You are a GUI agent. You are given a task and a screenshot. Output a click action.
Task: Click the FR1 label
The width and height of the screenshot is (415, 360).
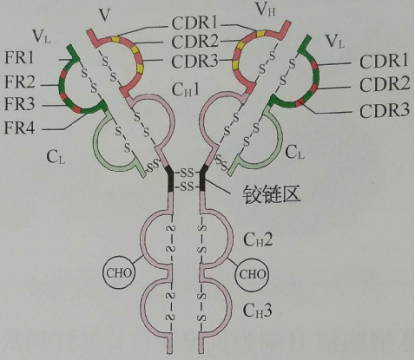19,58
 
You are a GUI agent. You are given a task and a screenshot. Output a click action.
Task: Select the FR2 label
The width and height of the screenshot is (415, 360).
20,82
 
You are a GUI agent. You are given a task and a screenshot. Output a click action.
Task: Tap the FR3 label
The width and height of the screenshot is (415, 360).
19,103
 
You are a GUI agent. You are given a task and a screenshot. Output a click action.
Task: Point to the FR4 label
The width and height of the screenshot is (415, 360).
19,128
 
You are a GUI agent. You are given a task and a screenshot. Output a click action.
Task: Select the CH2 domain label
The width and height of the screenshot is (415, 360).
258,239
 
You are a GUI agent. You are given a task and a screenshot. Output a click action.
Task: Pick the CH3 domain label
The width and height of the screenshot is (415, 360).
257,310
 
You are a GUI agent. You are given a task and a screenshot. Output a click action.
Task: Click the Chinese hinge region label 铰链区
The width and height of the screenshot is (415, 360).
271,193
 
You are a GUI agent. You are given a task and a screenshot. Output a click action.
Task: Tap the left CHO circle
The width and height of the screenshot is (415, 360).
119,272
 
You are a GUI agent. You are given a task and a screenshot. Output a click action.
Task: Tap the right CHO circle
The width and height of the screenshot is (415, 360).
252,274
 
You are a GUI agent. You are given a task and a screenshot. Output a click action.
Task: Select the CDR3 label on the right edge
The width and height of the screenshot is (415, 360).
385,110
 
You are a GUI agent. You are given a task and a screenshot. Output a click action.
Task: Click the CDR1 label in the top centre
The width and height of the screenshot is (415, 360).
194,23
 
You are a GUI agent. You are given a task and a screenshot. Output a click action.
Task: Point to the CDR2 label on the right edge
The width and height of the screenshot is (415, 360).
385,84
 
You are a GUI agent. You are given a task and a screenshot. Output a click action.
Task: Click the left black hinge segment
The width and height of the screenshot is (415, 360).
170,179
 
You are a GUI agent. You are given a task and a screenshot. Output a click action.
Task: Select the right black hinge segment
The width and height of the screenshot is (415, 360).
203,178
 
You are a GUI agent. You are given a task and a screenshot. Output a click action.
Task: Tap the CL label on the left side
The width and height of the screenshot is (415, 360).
56,157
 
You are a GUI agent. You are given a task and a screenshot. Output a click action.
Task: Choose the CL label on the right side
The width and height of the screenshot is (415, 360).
295,152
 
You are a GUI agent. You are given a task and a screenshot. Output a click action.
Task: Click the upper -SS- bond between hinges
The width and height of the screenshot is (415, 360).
187,173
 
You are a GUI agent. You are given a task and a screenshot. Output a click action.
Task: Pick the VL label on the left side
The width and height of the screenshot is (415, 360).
42,36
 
